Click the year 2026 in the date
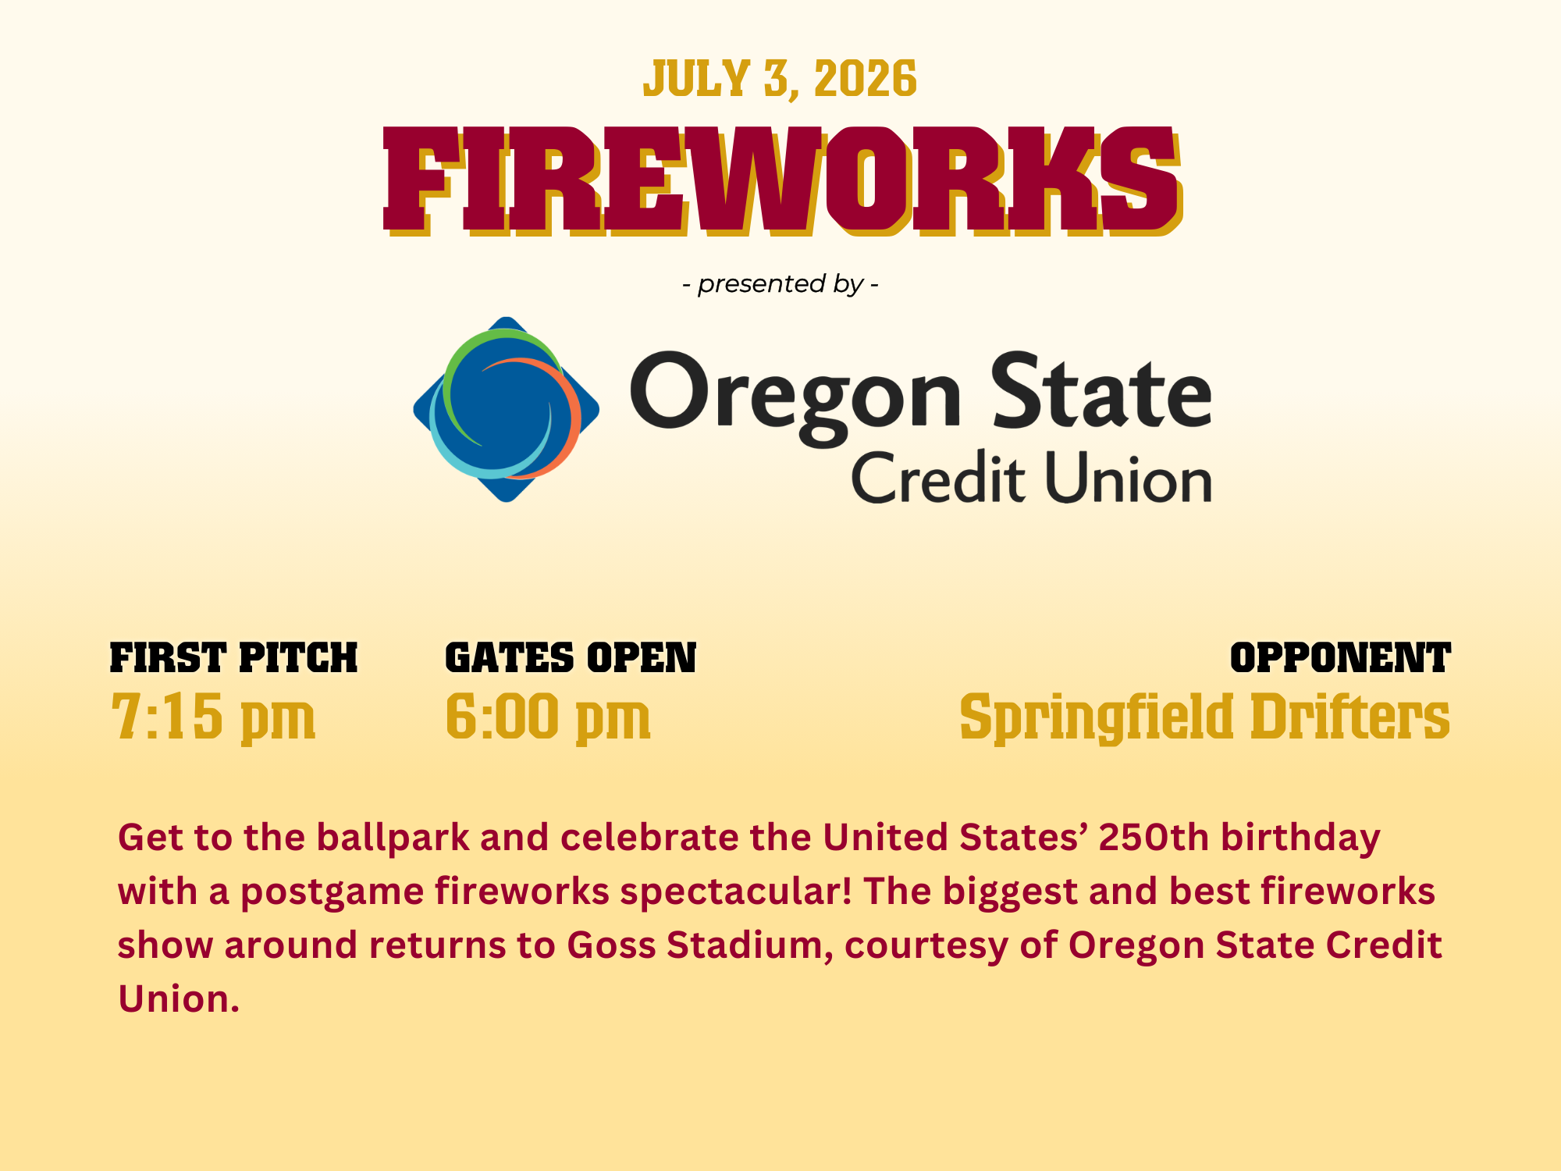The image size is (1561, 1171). pos(866,80)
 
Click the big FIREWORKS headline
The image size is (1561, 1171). pos(783,181)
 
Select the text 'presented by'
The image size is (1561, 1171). pos(780,284)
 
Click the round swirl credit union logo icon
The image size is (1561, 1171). pos(507,409)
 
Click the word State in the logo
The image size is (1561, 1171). pos(1102,390)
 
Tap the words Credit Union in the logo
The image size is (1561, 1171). pos(1031,477)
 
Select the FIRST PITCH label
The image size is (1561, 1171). pos(233,658)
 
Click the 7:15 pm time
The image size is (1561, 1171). pos(213,717)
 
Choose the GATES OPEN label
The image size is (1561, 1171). pos(571,658)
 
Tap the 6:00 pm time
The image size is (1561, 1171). pos(548,717)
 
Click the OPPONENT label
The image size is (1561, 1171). pos(1340,658)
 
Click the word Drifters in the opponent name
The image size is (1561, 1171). pos(1350,716)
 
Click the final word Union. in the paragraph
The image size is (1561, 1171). pos(179,998)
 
